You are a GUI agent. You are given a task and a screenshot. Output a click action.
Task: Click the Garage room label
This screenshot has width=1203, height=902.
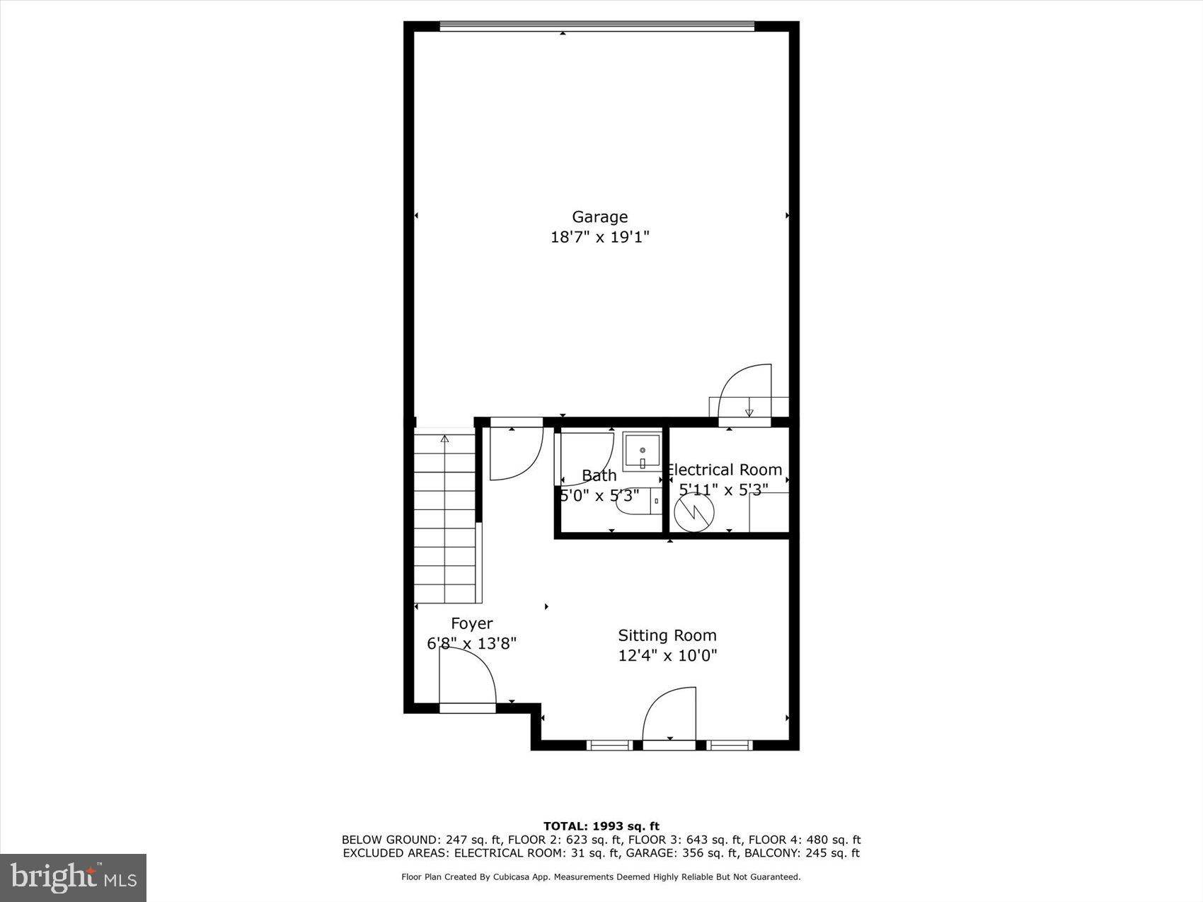pos(599,216)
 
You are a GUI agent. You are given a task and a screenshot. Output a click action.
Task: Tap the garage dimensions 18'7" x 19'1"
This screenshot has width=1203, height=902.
pos(599,237)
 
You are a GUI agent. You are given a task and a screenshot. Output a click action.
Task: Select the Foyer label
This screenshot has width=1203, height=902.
pos(471,623)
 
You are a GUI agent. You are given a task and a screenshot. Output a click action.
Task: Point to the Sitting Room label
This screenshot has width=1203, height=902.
pos(667,635)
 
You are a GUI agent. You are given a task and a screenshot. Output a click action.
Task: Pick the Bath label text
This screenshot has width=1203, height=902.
pos(599,475)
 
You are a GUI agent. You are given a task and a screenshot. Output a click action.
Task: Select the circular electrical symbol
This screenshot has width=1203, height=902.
pos(693,511)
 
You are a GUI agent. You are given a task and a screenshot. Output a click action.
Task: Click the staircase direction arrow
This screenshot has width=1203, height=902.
pos(444,439)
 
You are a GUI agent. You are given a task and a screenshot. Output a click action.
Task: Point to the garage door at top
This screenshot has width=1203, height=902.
pos(597,27)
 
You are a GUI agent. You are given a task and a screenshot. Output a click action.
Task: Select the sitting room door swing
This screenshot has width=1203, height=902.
pos(669,714)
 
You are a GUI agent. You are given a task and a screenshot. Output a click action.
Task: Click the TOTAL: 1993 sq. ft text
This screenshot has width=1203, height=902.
pos(601,826)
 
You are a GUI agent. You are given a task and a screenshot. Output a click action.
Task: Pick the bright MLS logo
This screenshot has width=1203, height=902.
pos(74,878)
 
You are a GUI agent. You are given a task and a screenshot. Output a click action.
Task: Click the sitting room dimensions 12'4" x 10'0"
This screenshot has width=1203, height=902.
pos(667,656)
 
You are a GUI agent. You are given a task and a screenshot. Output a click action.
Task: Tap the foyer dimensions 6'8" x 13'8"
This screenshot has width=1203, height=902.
pos(471,644)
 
